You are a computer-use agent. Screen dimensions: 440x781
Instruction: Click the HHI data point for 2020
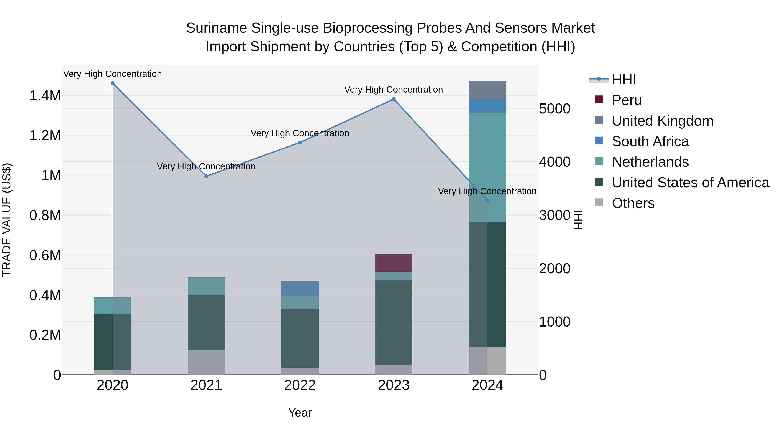(112, 83)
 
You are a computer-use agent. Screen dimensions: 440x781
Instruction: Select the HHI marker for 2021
(206, 176)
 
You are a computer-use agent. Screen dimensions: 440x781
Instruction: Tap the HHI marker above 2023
(394, 99)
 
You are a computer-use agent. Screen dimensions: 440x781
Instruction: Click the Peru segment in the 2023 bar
(394, 263)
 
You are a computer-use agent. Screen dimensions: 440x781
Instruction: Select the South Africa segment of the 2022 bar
(300, 288)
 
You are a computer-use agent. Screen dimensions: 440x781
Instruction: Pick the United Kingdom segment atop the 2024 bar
(487, 90)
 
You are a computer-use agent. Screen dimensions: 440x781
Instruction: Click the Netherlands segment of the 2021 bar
(206, 286)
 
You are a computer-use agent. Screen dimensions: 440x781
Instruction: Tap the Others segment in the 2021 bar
(206, 363)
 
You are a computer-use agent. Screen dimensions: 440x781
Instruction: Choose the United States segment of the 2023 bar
(394, 322)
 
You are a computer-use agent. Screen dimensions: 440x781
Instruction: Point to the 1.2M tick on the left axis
(45, 135)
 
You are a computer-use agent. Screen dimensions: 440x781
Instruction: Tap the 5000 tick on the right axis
(555, 109)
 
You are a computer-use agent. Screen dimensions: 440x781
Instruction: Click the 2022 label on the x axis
(300, 385)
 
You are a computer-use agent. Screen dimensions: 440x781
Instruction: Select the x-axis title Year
(300, 413)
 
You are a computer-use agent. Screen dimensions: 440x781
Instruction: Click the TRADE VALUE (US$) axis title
(7, 220)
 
